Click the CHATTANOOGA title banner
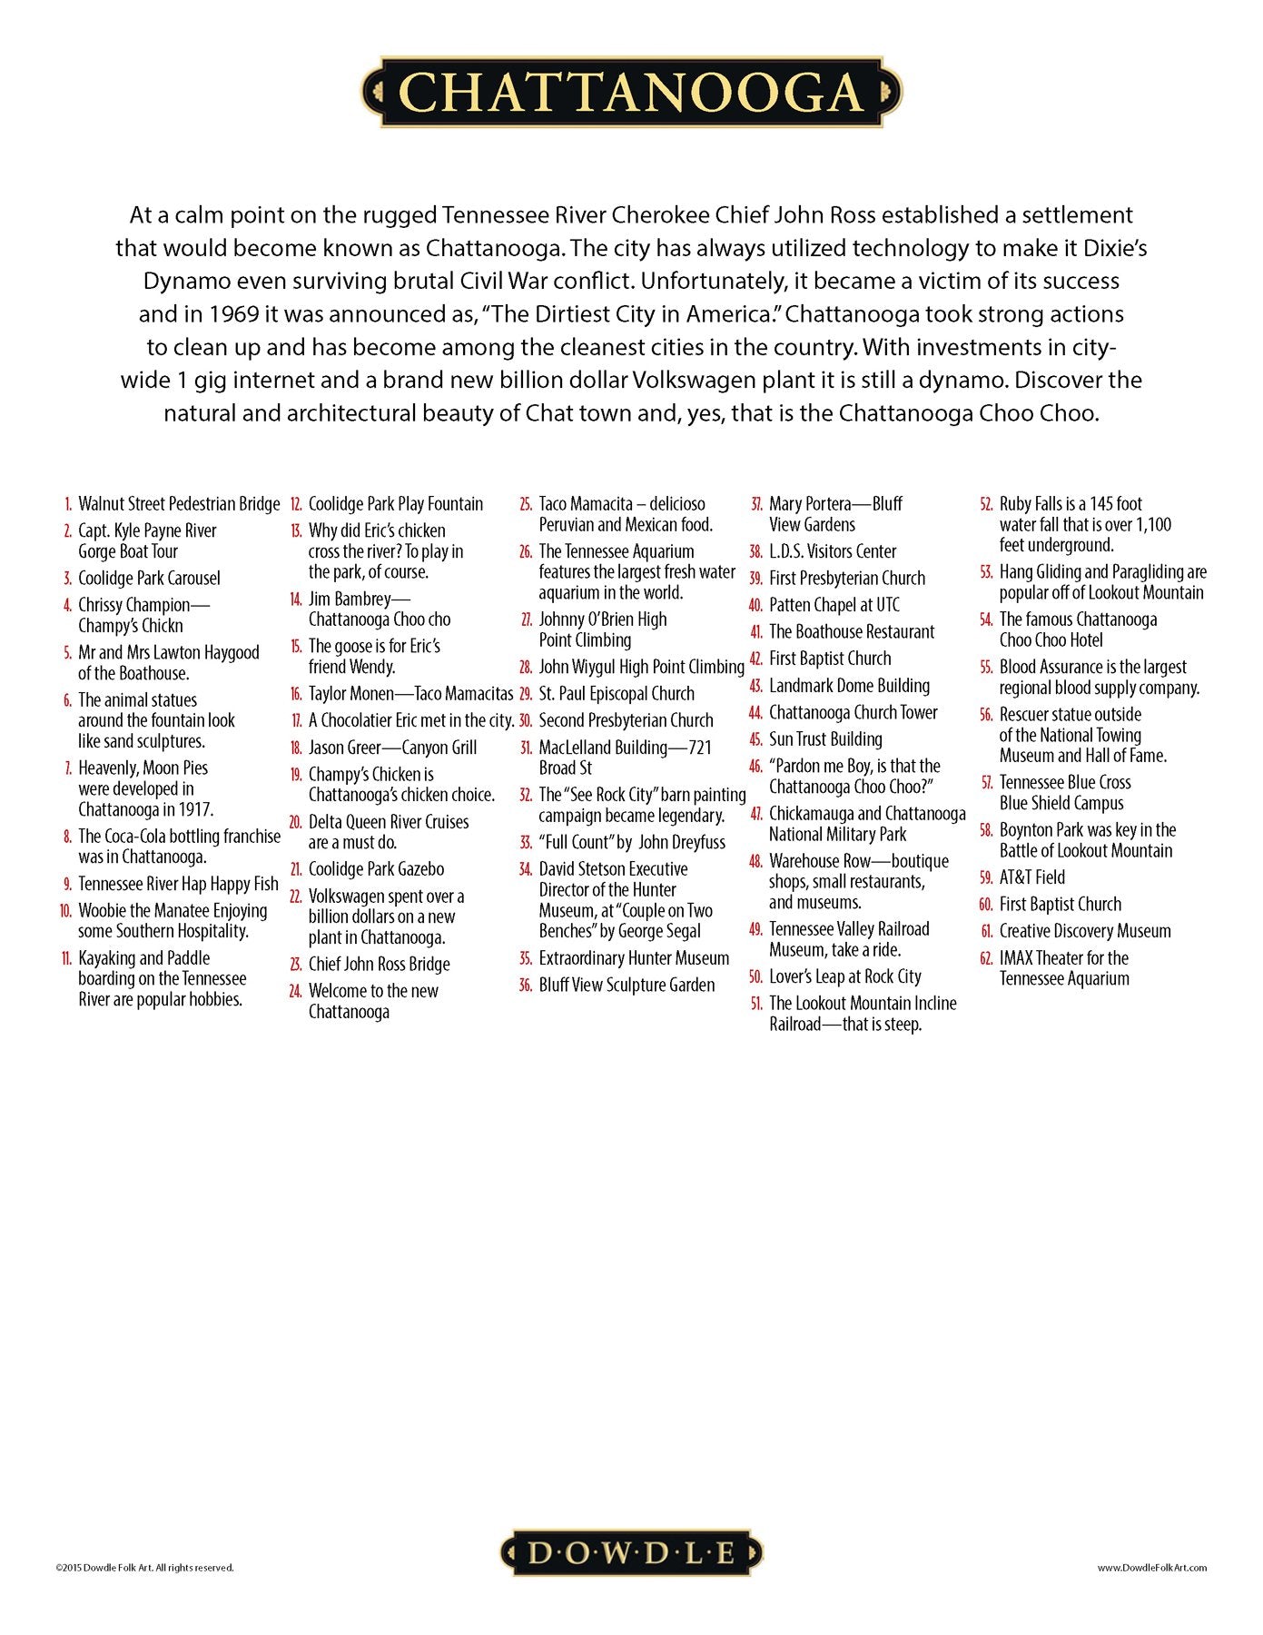pyautogui.click(x=631, y=93)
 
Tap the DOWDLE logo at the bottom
pyautogui.click(x=631, y=1552)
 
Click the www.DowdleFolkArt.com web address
pyautogui.click(x=1151, y=1567)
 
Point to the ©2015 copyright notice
pyautogui.click(x=144, y=1567)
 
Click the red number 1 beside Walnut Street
pyautogui.click(x=68, y=504)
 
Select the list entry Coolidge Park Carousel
pyautogui.click(x=149, y=579)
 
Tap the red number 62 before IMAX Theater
pyautogui.click(x=986, y=958)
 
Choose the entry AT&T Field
pyautogui.click(x=1031, y=877)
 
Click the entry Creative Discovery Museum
pyautogui.click(x=1084, y=931)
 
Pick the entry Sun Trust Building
pyautogui.click(x=824, y=739)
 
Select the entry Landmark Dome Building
pyautogui.click(x=849, y=686)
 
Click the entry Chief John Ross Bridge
pyautogui.click(x=379, y=965)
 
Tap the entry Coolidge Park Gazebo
pyautogui.click(x=376, y=869)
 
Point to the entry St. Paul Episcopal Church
pyautogui.click(x=616, y=694)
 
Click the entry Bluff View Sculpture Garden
pyautogui.click(x=627, y=986)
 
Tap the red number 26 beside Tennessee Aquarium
pyautogui.click(x=526, y=552)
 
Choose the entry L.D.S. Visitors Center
pyautogui.click(x=832, y=551)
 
